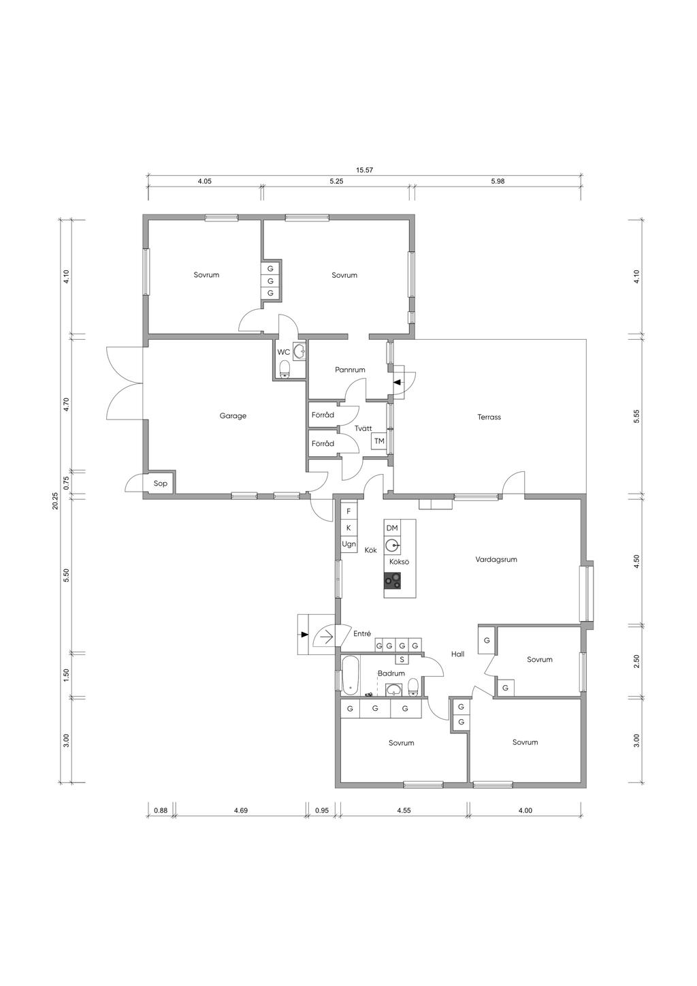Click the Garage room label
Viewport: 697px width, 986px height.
pos(233,416)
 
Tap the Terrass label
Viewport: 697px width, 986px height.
pos(489,417)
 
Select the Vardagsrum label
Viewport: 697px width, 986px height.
pos(496,560)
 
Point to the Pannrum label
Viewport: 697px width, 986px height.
pos(350,370)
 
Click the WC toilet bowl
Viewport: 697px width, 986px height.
pos(285,369)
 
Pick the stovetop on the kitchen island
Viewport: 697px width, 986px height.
pos(393,581)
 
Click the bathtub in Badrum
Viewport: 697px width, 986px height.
pos(351,675)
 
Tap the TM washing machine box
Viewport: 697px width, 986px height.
pos(379,441)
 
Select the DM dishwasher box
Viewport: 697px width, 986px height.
pos(391,528)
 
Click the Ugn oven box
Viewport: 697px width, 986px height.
pos(348,545)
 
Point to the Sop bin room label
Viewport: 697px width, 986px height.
pos(160,483)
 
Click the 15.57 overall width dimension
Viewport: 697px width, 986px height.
pos(365,170)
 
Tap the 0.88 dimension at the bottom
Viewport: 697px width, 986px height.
pos(160,810)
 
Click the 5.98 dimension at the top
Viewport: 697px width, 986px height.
pos(498,181)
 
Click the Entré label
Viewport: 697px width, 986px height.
pos(362,634)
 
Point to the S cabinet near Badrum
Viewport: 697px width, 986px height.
pos(402,659)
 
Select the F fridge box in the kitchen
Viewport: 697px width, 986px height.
pos(348,511)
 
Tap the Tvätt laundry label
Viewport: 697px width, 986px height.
pos(363,428)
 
